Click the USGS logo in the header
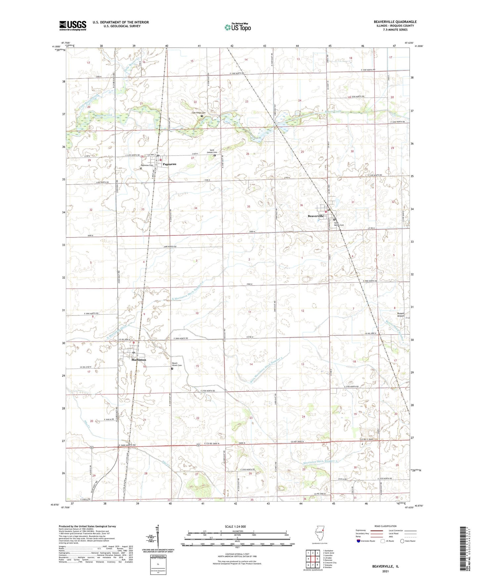[x=73, y=25]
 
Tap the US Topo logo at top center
[x=237, y=27]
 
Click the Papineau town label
[x=169, y=164]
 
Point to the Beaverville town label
[x=316, y=216]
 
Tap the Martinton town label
[x=139, y=360]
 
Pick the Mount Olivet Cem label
[x=177, y=364]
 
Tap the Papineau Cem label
[x=147, y=165]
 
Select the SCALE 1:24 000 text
[x=235, y=527]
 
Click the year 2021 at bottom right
[x=385, y=571]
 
